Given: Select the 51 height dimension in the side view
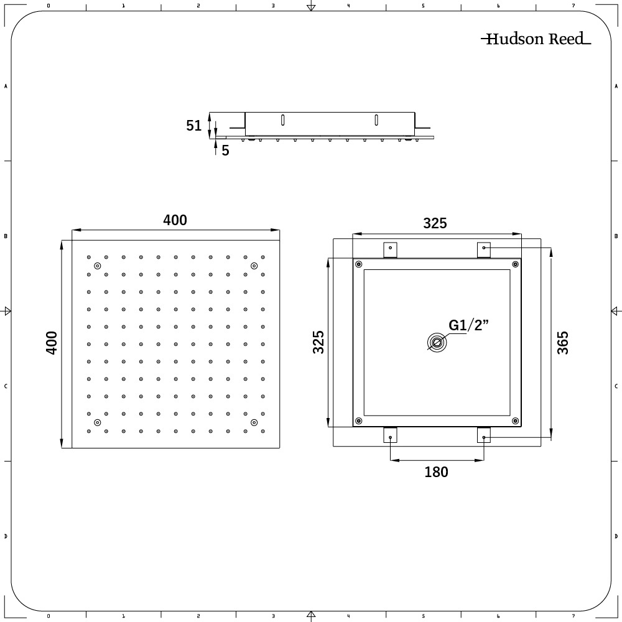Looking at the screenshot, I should click(194, 126).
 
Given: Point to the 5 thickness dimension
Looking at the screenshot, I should click(225, 150).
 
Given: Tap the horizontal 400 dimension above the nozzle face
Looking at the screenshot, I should click(175, 220).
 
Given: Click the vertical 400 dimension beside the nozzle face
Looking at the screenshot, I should click(52, 343).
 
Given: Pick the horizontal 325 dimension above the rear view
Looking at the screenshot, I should click(435, 223).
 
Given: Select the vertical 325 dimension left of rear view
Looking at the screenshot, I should click(318, 343).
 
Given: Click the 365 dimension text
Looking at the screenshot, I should click(563, 343).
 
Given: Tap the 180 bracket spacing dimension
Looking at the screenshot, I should click(436, 472).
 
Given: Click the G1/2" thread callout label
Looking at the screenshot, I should click(469, 325).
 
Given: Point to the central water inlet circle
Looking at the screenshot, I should click(436, 343).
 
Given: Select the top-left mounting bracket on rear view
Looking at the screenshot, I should click(390, 249).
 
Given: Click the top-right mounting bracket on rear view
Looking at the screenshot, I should click(484, 249).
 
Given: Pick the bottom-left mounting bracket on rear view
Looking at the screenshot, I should click(390, 435).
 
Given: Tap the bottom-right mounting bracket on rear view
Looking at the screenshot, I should click(484, 435).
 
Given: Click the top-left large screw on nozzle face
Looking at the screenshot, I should click(97, 266).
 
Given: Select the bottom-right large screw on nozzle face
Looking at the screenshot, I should click(254, 423).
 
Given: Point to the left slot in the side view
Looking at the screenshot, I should click(283, 119).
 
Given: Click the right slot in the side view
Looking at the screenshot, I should click(376, 119).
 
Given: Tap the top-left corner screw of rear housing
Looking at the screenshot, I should click(358, 264).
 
